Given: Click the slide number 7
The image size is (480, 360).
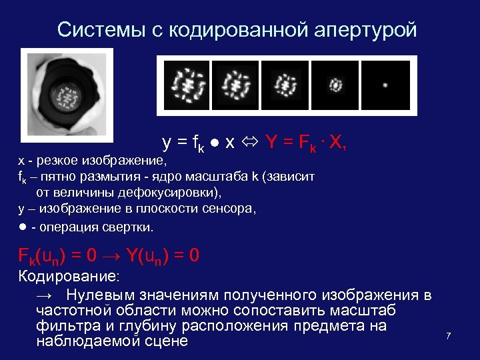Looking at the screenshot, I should click(x=448, y=336).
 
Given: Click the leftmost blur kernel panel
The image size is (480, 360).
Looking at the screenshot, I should click(x=183, y=85).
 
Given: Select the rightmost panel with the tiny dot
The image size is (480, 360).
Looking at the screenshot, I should click(x=386, y=85).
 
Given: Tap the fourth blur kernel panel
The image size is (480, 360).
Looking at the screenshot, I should click(x=335, y=85).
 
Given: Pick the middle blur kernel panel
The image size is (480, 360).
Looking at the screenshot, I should click(x=285, y=85).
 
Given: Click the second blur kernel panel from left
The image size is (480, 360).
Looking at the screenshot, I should click(x=234, y=85).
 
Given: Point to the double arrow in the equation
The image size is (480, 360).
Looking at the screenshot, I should click(x=251, y=142).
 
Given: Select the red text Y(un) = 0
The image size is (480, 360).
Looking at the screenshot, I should click(x=163, y=257).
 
